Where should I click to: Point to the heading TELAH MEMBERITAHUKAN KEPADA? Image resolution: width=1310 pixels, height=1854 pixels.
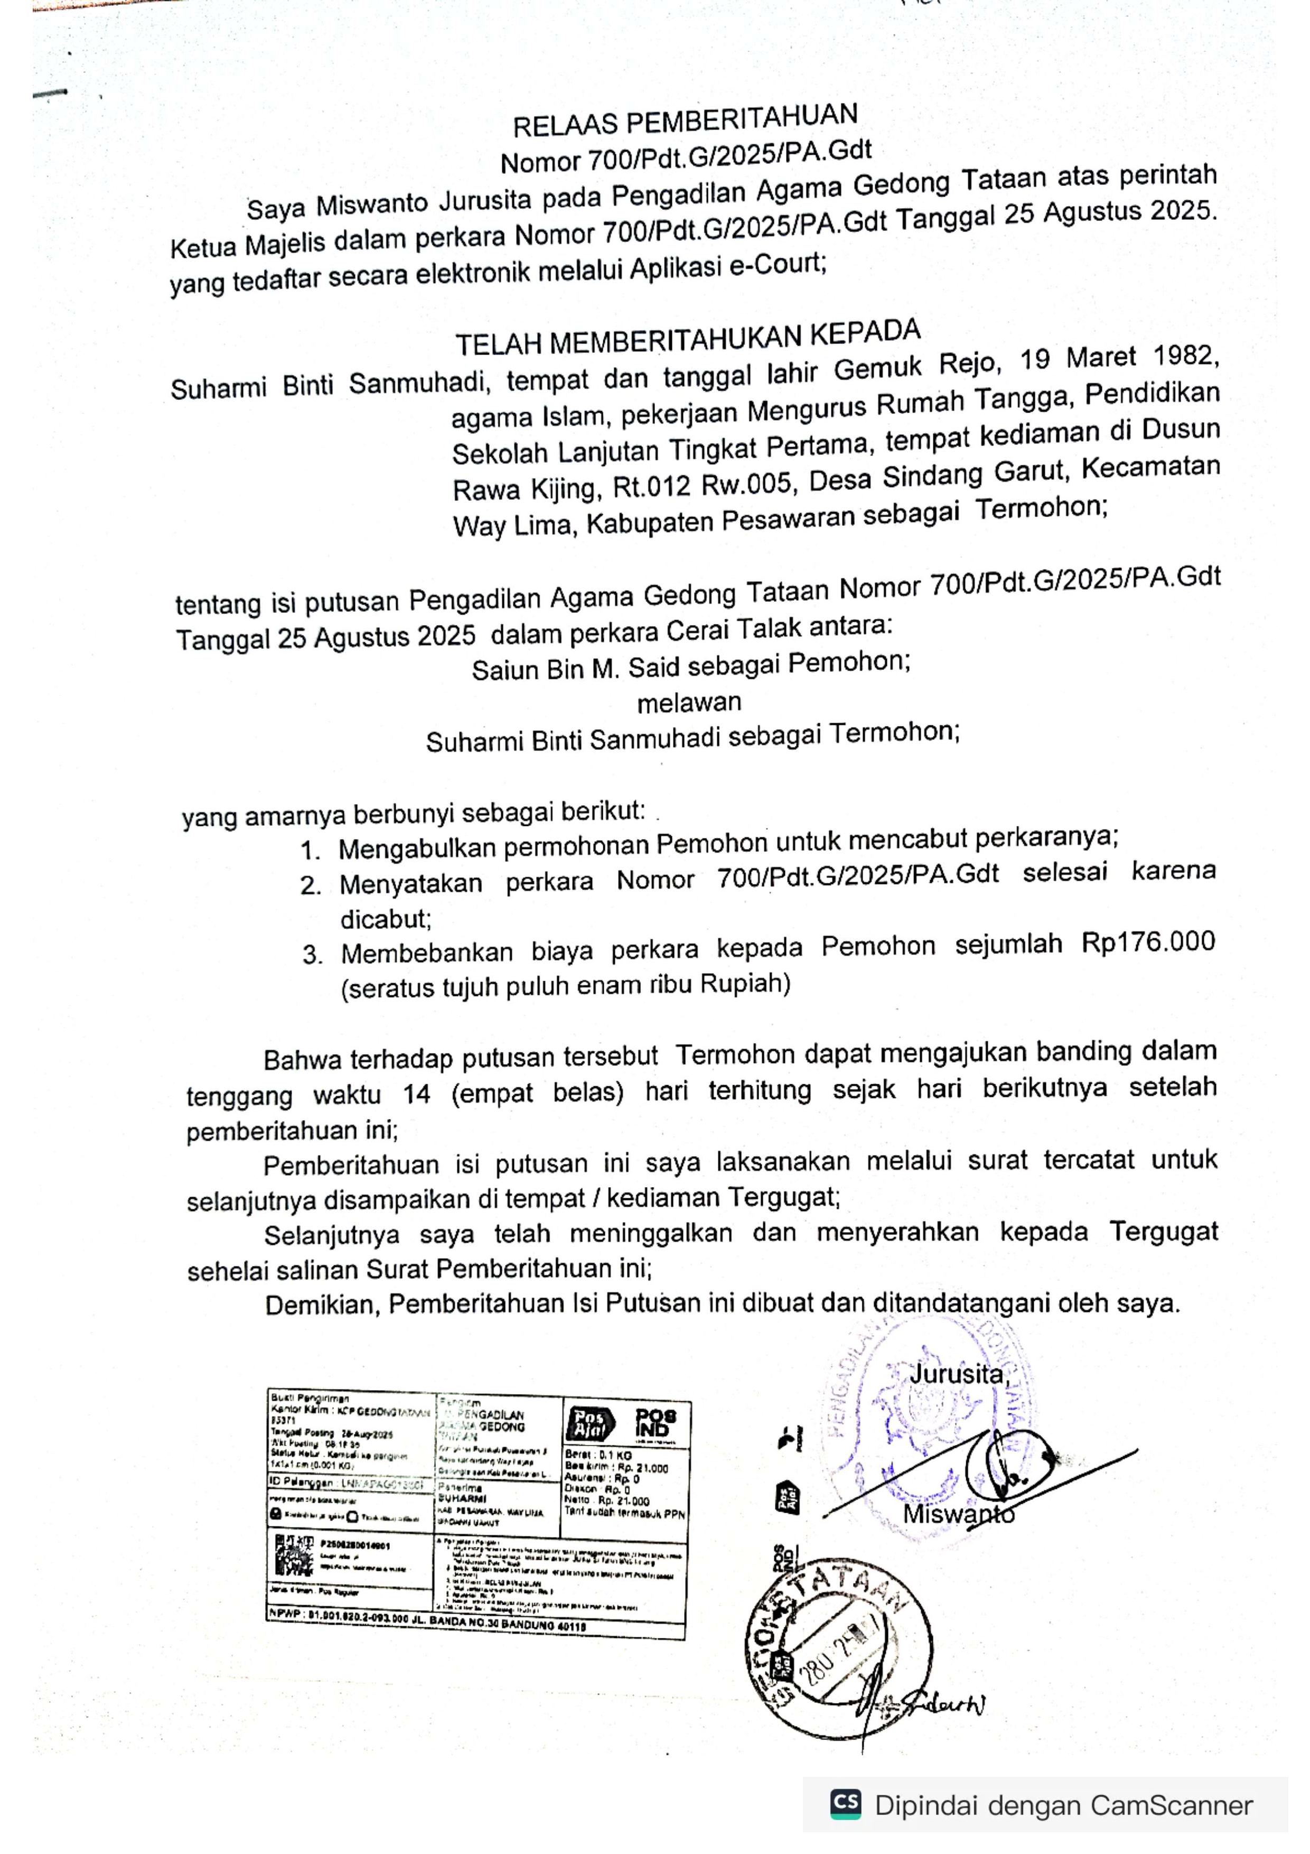click(x=688, y=338)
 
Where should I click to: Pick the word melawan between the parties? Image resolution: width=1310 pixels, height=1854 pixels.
click(x=688, y=703)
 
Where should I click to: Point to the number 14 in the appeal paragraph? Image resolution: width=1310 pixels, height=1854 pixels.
click(x=416, y=1095)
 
